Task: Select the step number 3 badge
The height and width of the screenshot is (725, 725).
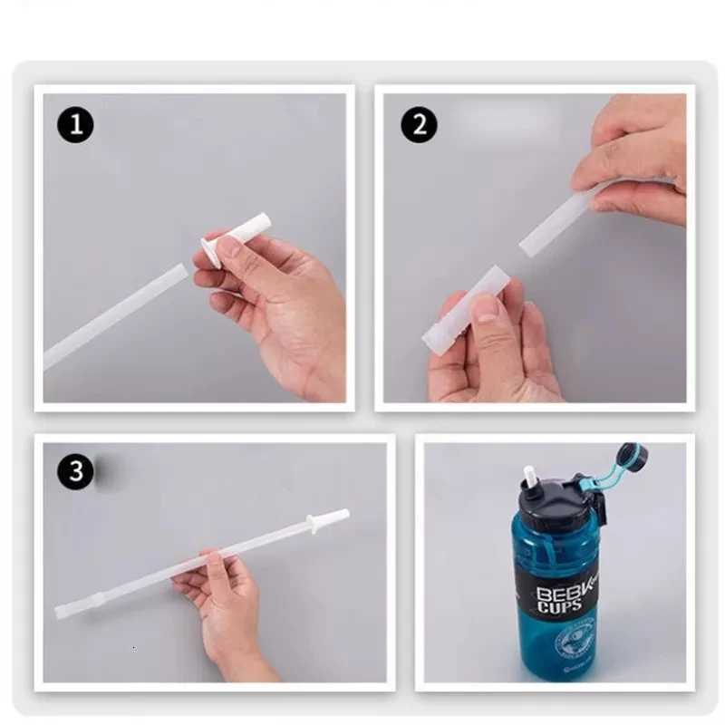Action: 76,471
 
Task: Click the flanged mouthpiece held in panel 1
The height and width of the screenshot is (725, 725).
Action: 237,238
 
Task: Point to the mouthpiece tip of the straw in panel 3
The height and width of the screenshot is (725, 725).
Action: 334,517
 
